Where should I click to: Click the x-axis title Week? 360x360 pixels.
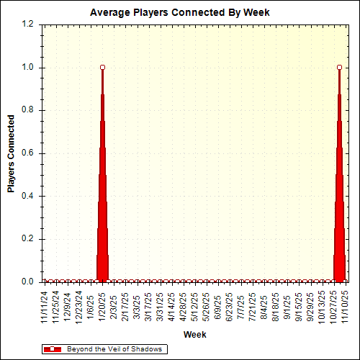click(x=194, y=334)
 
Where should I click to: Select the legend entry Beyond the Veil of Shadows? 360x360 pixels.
click(x=114, y=348)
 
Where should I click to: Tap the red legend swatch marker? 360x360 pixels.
click(x=53, y=348)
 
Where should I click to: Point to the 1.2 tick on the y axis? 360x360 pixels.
click(x=27, y=24)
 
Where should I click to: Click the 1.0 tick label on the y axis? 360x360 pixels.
click(x=27, y=68)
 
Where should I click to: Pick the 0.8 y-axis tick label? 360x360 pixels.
click(x=27, y=110)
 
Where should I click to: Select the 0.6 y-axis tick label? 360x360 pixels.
click(x=27, y=153)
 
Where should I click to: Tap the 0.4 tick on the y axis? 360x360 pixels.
click(x=27, y=196)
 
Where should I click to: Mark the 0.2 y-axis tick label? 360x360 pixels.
click(x=27, y=239)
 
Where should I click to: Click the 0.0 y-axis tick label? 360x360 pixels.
click(x=27, y=282)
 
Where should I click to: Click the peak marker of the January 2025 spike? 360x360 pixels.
click(x=102, y=67)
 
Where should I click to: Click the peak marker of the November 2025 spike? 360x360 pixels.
click(x=339, y=67)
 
